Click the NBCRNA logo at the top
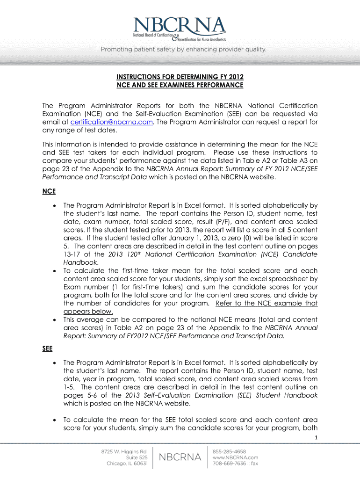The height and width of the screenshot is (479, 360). pos(180,29)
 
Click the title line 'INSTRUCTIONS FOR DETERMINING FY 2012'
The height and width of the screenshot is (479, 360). pos(180,77)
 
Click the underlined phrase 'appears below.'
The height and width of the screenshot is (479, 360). pos(88,312)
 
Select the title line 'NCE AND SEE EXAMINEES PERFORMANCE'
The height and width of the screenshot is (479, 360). pos(180,85)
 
